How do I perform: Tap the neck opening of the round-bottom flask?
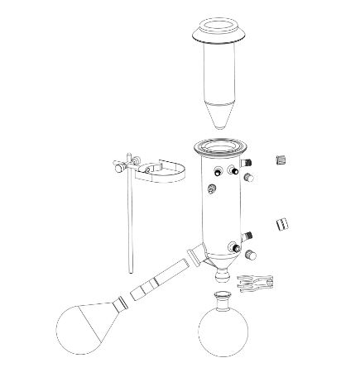(223, 296)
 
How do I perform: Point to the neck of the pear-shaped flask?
(122, 307)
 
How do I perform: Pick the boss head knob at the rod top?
(119, 166)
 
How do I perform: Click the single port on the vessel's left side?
(214, 191)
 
